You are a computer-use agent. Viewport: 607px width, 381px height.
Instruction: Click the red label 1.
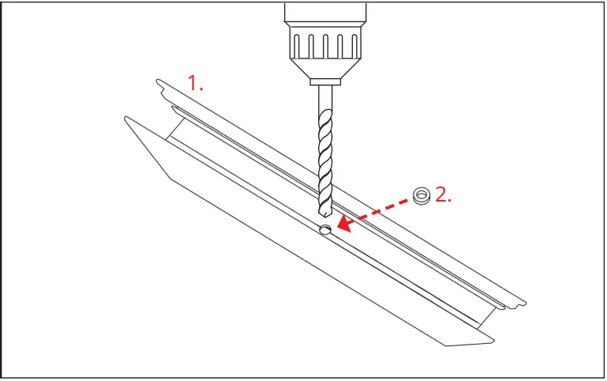click(x=195, y=82)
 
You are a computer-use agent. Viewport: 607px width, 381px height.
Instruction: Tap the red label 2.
click(x=444, y=195)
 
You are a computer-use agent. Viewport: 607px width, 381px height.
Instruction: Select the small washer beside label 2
click(x=422, y=195)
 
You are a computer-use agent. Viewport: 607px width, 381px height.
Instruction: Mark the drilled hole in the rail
click(x=324, y=230)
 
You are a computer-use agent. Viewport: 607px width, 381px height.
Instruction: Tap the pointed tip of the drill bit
click(x=324, y=215)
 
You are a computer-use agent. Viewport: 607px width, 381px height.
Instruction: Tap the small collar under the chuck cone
click(x=325, y=81)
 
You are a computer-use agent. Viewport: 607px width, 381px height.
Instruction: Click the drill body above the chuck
click(x=325, y=12)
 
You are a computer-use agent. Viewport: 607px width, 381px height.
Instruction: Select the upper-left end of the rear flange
click(x=161, y=84)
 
